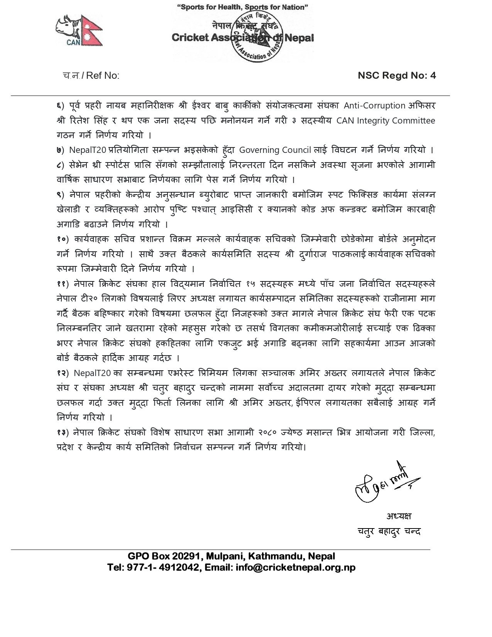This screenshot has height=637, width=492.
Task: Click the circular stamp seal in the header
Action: click(x=259, y=36)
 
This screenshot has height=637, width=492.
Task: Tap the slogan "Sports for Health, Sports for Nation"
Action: click(x=242, y=7)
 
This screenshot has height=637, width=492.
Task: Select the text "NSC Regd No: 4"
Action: click(x=397, y=75)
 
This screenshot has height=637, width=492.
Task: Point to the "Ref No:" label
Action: click(x=103, y=75)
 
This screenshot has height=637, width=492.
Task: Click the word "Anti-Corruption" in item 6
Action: click(x=374, y=105)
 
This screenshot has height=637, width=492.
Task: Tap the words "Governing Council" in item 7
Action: click(x=275, y=150)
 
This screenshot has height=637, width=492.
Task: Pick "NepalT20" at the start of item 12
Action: click(x=93, y=373)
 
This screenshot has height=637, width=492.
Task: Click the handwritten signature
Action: click(x=385, y=483)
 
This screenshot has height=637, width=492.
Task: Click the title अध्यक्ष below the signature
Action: click(x=399, y=516)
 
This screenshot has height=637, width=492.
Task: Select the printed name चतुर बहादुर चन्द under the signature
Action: click(x=389, y=532)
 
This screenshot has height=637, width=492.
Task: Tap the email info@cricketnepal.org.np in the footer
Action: click(x=295, y=567)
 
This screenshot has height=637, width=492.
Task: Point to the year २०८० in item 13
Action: click(x=267, y=432)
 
